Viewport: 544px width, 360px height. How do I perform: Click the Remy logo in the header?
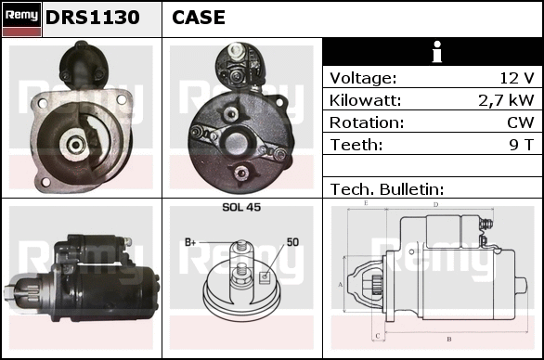[22, 19]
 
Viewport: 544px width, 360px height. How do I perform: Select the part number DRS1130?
[93, 18]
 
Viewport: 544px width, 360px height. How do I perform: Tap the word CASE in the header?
[199, 18]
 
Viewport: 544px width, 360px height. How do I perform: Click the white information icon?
[437, 52]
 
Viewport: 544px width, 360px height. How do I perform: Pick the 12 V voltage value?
[517, 78]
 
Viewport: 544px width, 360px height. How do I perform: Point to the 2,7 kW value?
[506, 100]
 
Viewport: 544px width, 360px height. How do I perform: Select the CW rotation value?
[521, 122]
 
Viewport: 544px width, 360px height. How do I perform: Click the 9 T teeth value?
[522, 145]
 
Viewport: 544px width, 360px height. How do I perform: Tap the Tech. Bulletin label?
[387, 189]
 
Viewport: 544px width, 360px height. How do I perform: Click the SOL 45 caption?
[241, 207]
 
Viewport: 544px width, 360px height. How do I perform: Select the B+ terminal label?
[190, 242]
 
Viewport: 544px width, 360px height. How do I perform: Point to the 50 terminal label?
[292, 242]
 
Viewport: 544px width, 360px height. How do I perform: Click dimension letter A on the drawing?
[341, 285]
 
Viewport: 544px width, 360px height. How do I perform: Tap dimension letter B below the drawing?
[449, 340]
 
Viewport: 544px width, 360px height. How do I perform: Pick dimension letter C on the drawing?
[378, 336]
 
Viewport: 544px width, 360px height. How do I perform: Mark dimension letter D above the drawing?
[436, 205]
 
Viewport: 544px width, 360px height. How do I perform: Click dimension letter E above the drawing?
[366, 203]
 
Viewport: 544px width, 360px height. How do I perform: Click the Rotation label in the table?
[367, 122]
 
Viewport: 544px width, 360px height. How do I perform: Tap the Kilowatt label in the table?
[366, 100]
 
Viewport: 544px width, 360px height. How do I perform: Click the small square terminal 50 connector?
[265, 276]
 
